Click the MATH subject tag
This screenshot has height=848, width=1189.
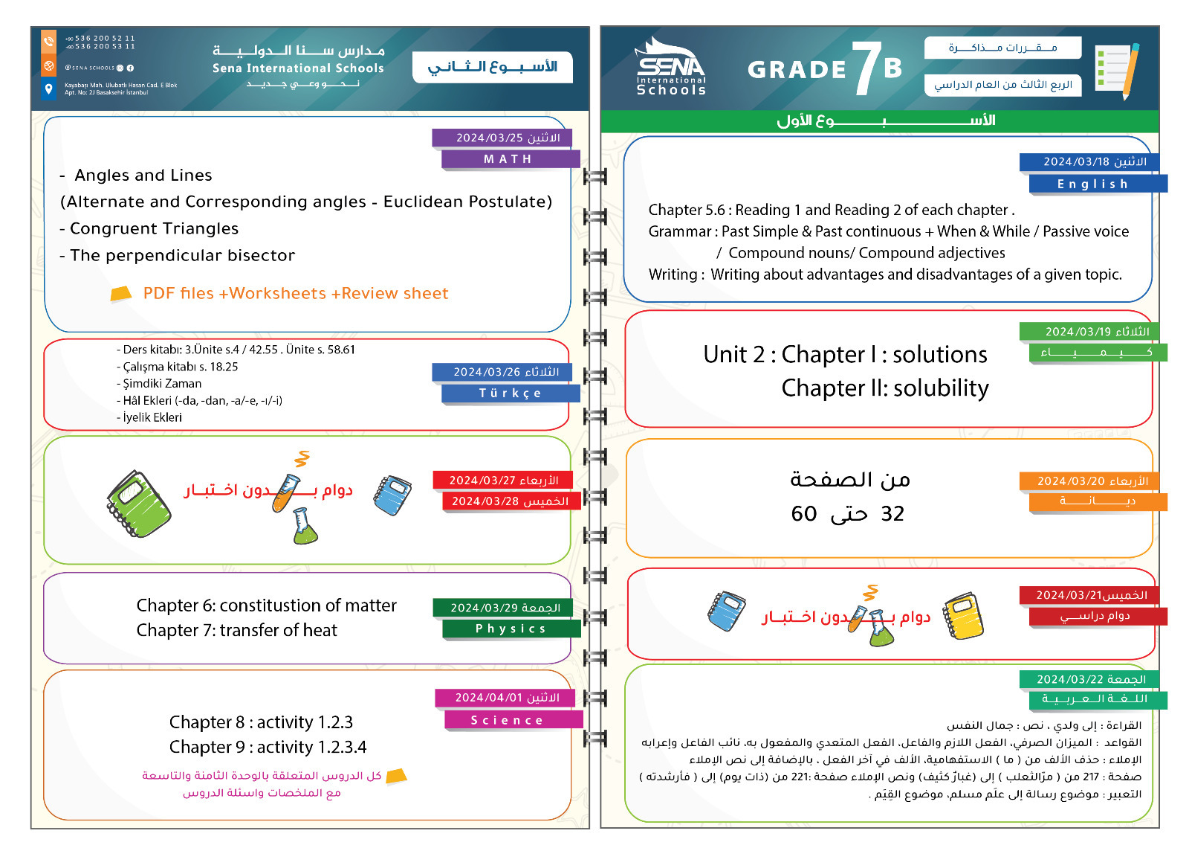click(509, 159)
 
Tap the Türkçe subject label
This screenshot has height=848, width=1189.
click(510, 394)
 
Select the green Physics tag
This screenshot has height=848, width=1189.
click(511, 629)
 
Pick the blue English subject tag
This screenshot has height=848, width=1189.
click(1092, 184)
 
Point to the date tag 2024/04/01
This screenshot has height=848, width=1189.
click(508, 698)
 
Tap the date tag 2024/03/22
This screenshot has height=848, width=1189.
click(1091, 679)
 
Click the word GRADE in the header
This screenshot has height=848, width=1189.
click(797, 70)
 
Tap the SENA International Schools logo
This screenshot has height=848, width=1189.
click(670, 67)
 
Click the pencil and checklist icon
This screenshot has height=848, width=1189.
click(1118, 71)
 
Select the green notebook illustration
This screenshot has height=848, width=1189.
click(138, 504)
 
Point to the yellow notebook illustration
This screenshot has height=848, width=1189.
click(963, 616)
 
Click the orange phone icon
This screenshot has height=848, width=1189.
click(48, 41)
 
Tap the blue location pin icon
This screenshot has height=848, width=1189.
click(48, 90)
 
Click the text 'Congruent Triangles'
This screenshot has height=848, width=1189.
click(154, 229)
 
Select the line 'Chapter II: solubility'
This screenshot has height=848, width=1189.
click(885, 388)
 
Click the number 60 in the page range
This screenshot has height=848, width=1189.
click(804, 514)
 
